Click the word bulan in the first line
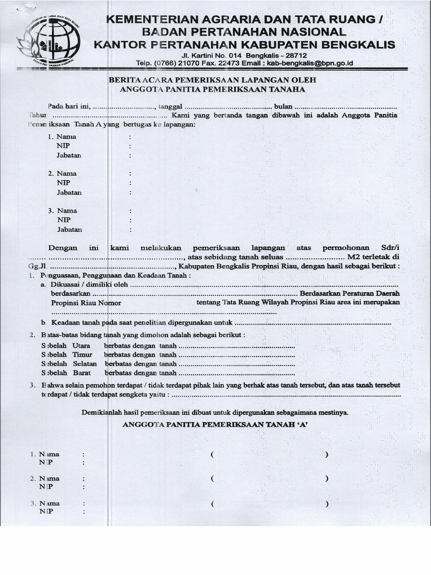pyautogui.click(x=283, y=106)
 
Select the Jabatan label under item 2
pyautogui.click(x=69, y=193)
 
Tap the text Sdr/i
pyautogui.click(x=389, y=248)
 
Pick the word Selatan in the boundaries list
pyautogui.click(x=84, y=363)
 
